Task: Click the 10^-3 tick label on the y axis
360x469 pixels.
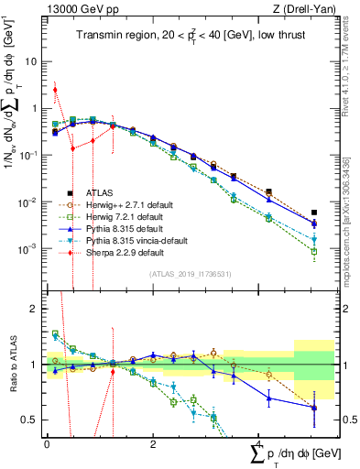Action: point(27,248)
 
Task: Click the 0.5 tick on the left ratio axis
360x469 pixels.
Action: point(31,420)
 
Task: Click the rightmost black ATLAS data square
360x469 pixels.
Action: point(314,213)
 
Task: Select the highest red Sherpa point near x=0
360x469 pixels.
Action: point(56,90)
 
